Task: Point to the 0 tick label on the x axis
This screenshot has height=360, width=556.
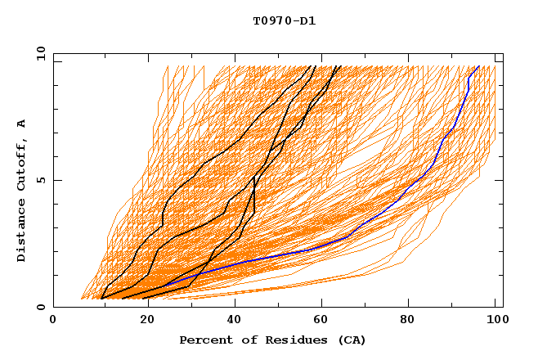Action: click(x=53, y=320)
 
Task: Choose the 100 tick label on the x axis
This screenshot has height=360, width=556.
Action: click(x=495, y=320)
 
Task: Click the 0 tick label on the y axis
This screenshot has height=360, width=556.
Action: click(x=41, y=307)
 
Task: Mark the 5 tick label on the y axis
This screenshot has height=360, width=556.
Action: click(x=41, y=180)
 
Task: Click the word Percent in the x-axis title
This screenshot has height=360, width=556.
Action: click(x=204, y=340)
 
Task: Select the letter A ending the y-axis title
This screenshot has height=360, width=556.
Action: click(x=21, y=124)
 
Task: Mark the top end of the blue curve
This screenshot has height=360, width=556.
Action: click(x=478, y=66)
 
